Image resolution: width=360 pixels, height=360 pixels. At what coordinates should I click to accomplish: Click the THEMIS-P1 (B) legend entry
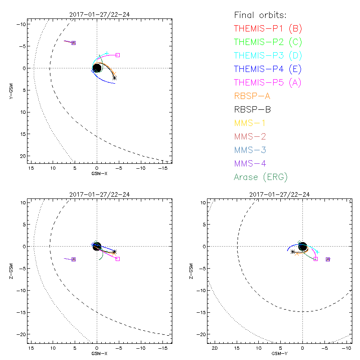pos(268,28)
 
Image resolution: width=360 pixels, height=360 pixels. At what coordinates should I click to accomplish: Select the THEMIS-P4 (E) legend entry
pos(268,69)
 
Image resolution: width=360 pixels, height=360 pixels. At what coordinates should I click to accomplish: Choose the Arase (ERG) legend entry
pos(261,177)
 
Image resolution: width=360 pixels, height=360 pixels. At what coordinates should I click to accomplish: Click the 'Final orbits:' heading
pos(260,15)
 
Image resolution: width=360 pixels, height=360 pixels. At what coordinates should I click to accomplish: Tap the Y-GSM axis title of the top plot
pos(14,90)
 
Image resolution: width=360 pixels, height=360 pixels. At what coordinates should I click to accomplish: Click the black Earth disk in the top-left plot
pos(97,68)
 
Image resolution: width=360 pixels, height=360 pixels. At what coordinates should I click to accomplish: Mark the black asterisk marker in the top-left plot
pos(114,78)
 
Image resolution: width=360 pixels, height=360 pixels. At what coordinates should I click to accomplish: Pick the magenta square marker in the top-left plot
pos(117,55)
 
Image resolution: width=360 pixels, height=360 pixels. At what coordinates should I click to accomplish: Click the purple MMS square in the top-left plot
pos(73,43)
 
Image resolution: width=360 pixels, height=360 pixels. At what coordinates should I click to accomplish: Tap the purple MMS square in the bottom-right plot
pos(328,259)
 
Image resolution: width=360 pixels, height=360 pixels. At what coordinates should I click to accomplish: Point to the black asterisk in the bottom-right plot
pos(292,252)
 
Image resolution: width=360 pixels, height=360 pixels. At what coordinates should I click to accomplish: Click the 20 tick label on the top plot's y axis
pos(22,155)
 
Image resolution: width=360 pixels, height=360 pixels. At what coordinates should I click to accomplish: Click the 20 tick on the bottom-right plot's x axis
pos(215,349)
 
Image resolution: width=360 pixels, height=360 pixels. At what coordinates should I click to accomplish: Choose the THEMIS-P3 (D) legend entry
pos(268,55)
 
